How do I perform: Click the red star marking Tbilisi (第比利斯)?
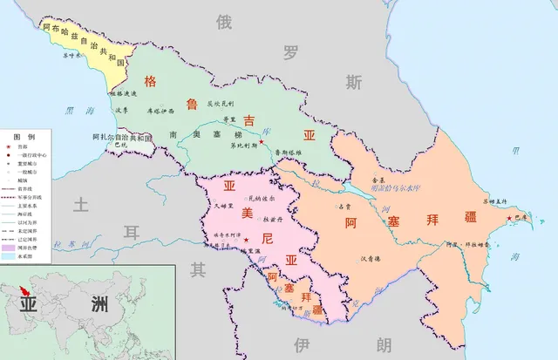tap(261, 141)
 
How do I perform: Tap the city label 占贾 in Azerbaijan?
tap(344, 207)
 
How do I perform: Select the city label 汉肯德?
tap(371, 258)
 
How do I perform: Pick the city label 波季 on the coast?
tap(121, 110)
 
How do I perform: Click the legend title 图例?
tap(24, 137)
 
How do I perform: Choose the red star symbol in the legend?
tap(7, 148)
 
